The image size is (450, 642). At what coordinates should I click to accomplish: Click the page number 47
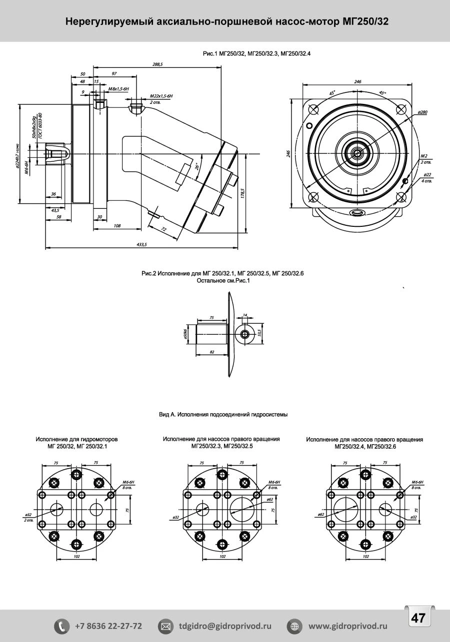tap(418, 618)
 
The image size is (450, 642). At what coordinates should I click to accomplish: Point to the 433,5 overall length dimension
tap(141, 244)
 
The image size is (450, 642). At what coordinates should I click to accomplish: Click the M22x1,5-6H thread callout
tap(161, 95)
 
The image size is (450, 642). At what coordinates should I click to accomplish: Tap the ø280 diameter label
tap(422, 112)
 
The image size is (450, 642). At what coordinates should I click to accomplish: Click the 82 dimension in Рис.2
tap(211, 352)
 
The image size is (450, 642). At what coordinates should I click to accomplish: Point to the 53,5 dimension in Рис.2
tap(259, 332)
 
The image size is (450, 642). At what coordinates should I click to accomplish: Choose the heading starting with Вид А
tap(223, 415)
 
